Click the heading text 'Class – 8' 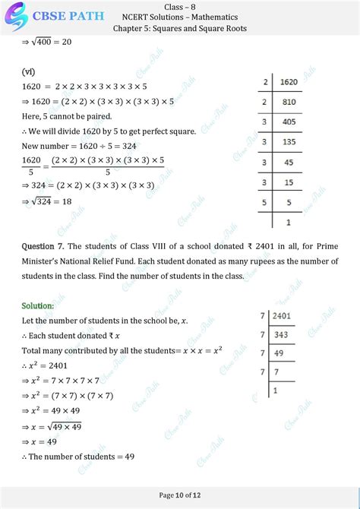(x=179, y=6)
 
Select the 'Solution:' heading (x=38, y=305)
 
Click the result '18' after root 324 (x=79, y=201)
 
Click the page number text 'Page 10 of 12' (x=180, y=495)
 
